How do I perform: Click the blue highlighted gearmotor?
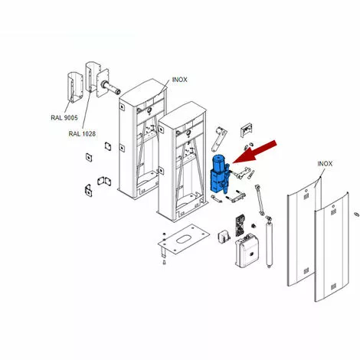tap(219, 174)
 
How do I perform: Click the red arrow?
tap(255, 152)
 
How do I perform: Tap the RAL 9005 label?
tap(64, 118)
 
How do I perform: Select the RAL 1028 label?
tap(82, 133)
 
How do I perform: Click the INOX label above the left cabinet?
tap(180, 80)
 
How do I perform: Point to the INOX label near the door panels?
tap(325, 164)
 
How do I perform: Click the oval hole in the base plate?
tap(183, 240)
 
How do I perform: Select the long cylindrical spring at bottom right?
tap(269, 242)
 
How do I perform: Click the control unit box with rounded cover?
tap(247, 252)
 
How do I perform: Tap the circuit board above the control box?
tap(240, 225)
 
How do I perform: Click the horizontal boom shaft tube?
tap(111, 87)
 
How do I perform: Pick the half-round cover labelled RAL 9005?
tap(75, 87)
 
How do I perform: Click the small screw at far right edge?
tap(357, 214)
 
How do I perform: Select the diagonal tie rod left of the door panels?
tap(260, 200)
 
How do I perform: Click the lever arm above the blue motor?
tap(219, 139)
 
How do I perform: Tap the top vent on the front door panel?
tap(333, 212)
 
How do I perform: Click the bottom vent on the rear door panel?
tap(306, 270)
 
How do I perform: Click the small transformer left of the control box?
tap(224, 237)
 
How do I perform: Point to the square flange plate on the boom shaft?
tap(103, 83)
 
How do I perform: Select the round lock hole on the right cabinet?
tap(188, 133)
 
